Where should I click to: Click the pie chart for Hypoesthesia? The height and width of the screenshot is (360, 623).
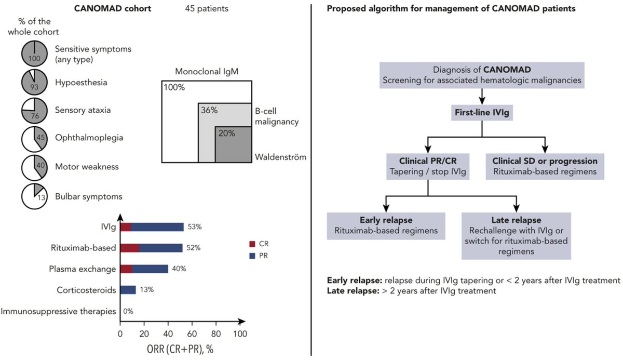click(35, 82)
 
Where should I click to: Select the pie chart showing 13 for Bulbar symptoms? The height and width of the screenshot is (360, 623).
click(35, 197)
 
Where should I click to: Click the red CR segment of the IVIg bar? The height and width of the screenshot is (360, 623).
click(126, 226)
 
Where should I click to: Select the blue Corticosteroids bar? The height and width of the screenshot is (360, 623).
click(128, 290)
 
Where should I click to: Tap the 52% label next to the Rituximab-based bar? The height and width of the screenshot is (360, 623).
click(193, 248)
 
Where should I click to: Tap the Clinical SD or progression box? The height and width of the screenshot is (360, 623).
click(545, 166)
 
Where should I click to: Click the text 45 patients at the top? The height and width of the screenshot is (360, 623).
click(207, 9)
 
